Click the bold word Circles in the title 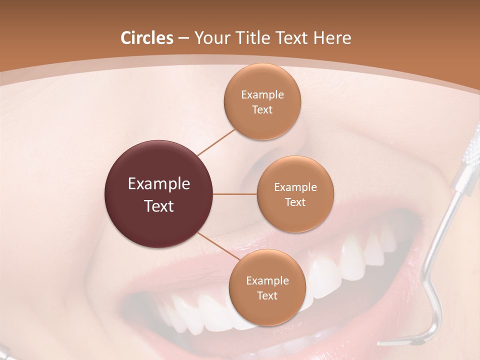click(x=146, y=38)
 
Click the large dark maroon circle click(x=159, y=194)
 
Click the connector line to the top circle click(x=216, y=142)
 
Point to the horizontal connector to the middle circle click(x=235, y=194)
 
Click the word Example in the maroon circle click(x=159, y=184)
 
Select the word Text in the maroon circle click(x=159, y=206)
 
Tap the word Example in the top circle click(x=262, y=95)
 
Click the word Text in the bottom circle click(x=267, y=295)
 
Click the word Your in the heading click(x=208, y=38)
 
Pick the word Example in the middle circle click(x=295, y=187)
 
